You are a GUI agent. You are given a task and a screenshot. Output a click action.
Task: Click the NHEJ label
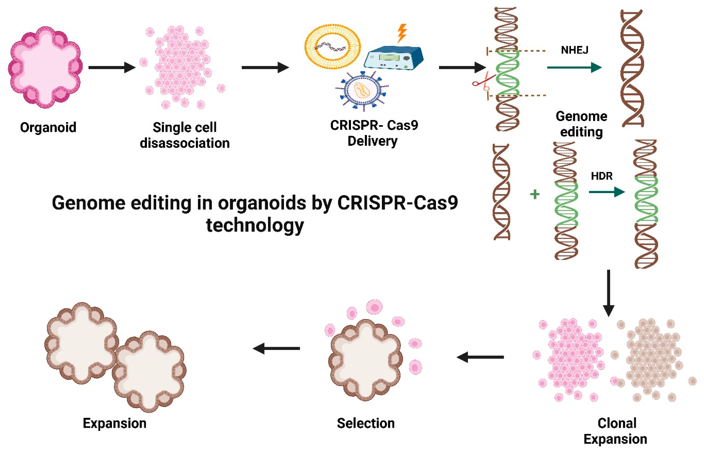click(x=574, y=50)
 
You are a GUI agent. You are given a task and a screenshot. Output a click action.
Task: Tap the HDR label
click(x=602, y=176)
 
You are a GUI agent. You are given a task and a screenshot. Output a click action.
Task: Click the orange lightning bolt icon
click(x=402, y=33)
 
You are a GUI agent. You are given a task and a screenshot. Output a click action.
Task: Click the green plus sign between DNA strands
click(x=535, y=194)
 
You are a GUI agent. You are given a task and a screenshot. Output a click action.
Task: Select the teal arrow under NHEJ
click(x=574, y=67)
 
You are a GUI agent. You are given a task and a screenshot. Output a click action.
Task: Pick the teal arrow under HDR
click(x=607, y=192)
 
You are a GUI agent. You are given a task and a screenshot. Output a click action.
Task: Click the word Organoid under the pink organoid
click(x=48, y=127)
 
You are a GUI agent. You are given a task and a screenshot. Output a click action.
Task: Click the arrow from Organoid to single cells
click(x=112, y=67)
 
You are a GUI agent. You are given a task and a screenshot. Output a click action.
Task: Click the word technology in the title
click(x=255, y=226)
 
